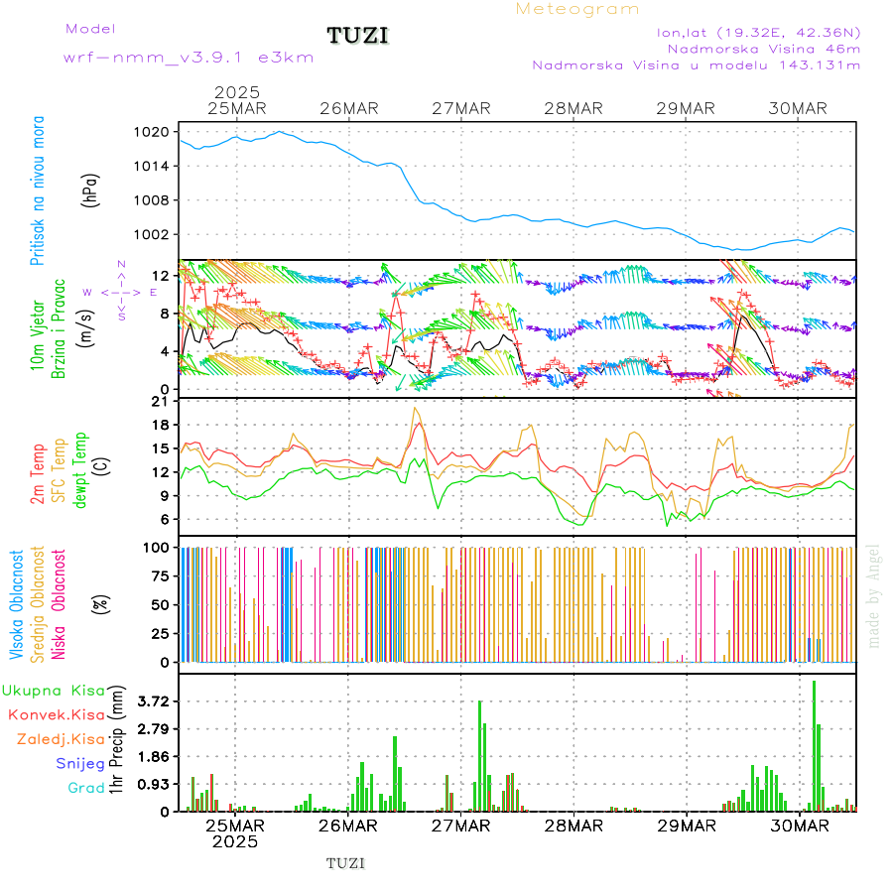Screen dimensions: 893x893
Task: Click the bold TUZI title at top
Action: pos(357,37)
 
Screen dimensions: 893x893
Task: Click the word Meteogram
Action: pos(577,9)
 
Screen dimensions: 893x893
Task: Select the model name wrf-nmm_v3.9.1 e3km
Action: pos(189,58)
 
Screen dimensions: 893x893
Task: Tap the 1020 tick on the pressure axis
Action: pos(155,131)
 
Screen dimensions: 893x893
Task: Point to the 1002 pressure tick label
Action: pos(155,234)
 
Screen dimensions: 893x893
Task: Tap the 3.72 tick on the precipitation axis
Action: pos(152,702)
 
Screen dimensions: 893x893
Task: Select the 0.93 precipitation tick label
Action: pos(152,784)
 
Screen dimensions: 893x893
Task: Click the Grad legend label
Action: pos(86,789)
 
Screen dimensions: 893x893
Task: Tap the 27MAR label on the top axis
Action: pos(461,108)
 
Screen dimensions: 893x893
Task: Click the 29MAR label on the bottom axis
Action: pos(686,825)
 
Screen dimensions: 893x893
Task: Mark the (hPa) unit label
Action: pos(91,191)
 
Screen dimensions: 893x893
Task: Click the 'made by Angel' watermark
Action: pos(874,595)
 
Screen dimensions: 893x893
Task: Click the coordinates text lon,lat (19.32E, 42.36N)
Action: pos(758,32)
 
